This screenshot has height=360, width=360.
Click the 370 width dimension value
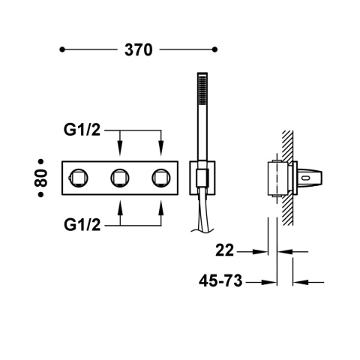(x=138, y=50)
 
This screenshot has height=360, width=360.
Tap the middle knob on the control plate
(x=118, y=178)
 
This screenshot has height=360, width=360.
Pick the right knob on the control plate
(x=160, y=178)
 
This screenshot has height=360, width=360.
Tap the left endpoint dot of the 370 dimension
(x=62, y=50)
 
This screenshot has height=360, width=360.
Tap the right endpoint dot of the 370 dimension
(x=216, y=50)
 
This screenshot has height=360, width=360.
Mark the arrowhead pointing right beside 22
(x=264, y=252)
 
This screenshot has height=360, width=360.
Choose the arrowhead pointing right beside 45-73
(x=264, y=283)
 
